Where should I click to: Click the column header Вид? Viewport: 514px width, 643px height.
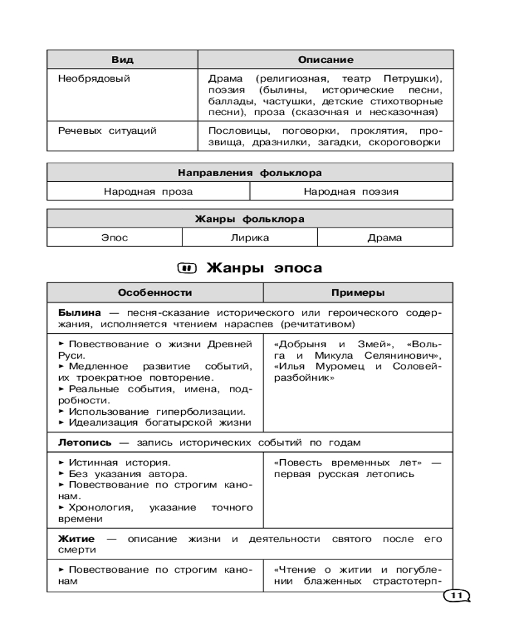point(122,60)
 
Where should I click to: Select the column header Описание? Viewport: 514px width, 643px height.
point(325,60)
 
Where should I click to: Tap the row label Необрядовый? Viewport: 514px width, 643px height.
point(94,79)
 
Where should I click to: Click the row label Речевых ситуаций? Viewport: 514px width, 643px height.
point(107,131)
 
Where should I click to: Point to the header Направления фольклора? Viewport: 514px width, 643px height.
point(250,173)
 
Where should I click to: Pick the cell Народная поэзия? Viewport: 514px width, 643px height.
point(351,191)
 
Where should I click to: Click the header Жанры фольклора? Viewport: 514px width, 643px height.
point(250,219)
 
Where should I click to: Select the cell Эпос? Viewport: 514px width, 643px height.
point(114,237)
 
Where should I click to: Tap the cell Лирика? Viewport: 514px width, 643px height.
point(250,237)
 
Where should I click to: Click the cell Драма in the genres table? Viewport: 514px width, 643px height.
point(385,237)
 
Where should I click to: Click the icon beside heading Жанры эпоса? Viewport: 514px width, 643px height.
point(186,267)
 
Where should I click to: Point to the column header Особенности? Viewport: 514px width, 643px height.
point(155,293)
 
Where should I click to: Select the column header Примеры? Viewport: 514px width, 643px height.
point(358,293)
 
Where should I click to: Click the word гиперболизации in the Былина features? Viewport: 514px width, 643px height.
point(199,411)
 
